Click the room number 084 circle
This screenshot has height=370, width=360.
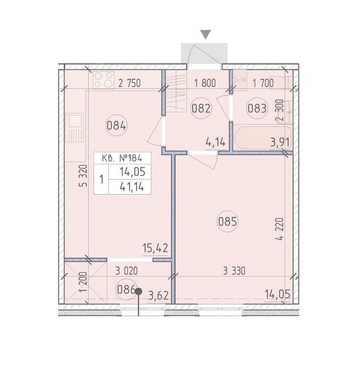tap(116, 125)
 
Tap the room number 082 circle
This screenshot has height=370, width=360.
tap(201, 108)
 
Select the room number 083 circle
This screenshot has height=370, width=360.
tap(257, 108)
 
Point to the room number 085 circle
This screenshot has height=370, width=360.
tap(228, 222)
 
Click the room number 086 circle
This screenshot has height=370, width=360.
tap(127, 289)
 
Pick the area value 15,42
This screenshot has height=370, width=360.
tap(155, 248)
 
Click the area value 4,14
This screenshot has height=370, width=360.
tap(216, 142)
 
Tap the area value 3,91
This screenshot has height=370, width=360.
tap(280, 142)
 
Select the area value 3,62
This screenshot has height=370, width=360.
tap(158, 296)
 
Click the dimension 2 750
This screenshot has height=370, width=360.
tap(129, 83)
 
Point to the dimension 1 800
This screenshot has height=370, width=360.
tap(205, 83)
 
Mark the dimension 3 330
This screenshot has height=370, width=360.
tap(234, 271)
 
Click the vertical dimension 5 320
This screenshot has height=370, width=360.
tap(83, 176)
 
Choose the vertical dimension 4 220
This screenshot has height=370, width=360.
tap(280, 229)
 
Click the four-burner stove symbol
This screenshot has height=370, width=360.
tap(103, 80)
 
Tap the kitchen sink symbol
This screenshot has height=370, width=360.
tap(74, 128)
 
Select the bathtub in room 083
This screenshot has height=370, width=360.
tap(263, 138)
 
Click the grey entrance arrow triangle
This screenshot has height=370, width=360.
tap(205, 34)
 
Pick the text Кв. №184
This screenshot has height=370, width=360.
tap(122, 158)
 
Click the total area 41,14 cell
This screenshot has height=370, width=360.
tap(129, 187)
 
